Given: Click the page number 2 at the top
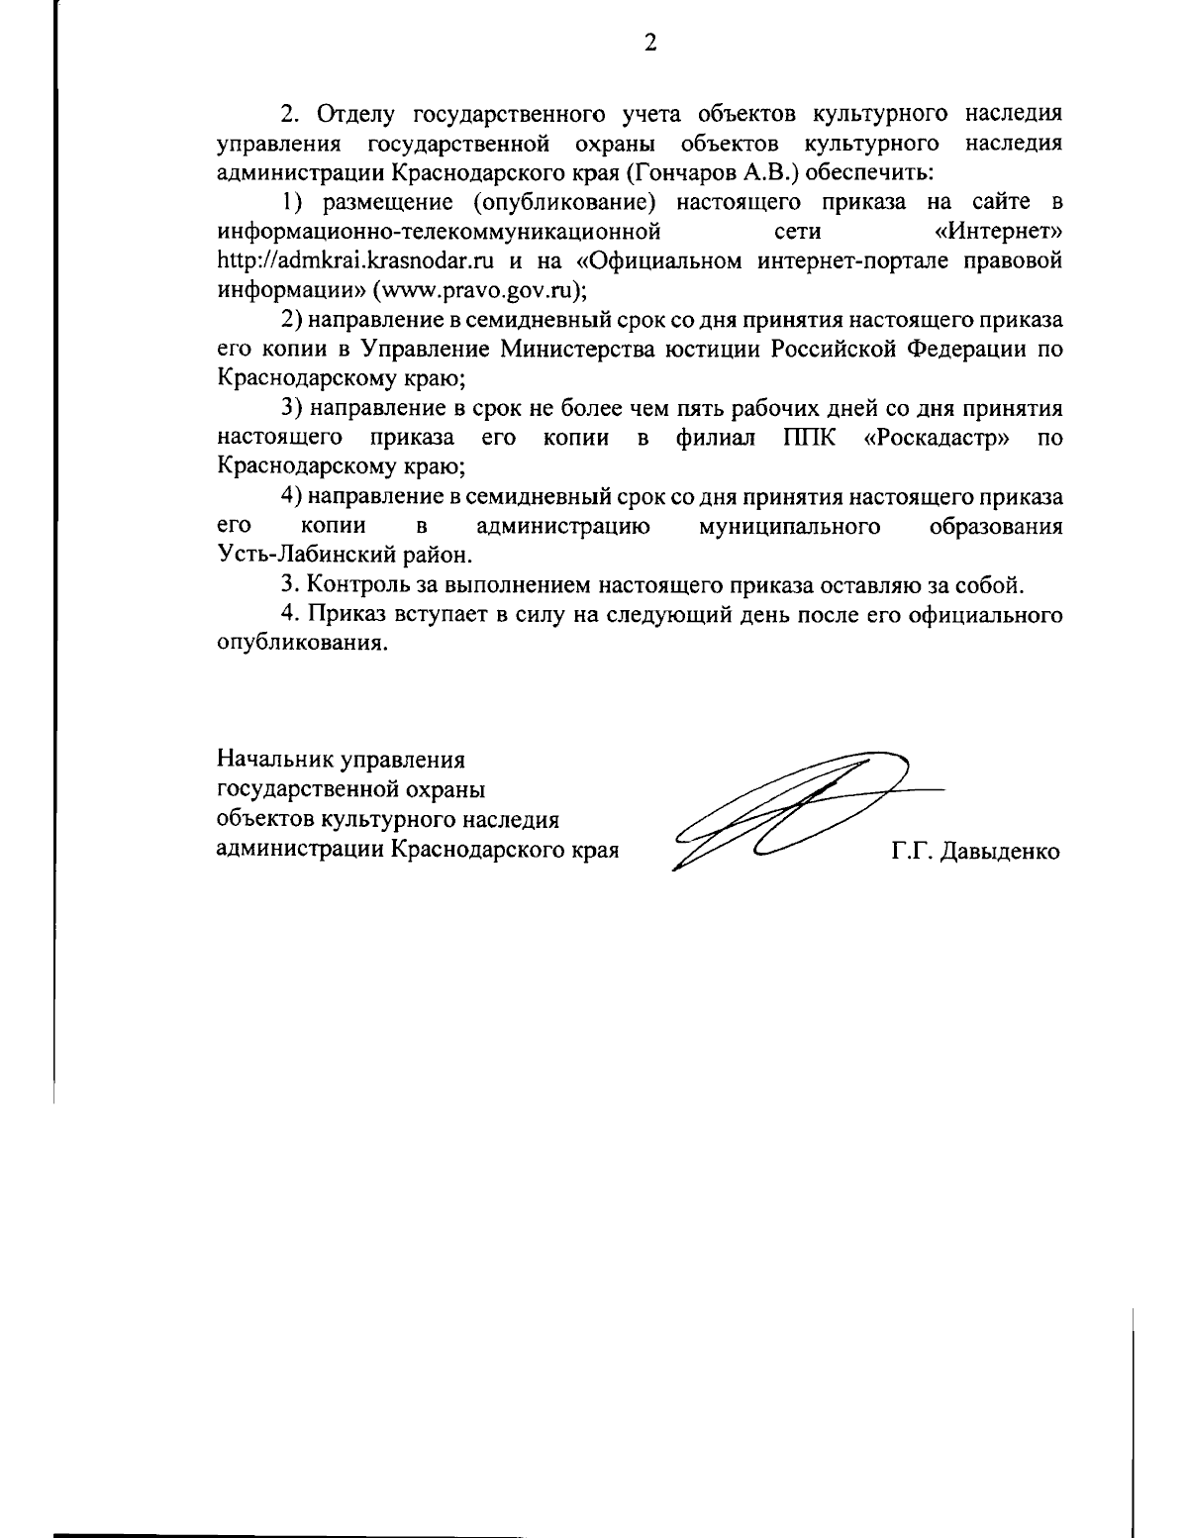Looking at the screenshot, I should [x=650, y=42].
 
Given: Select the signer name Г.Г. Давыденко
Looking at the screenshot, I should [x=975, y=851].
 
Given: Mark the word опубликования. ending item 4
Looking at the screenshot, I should [x=301, y=643].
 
